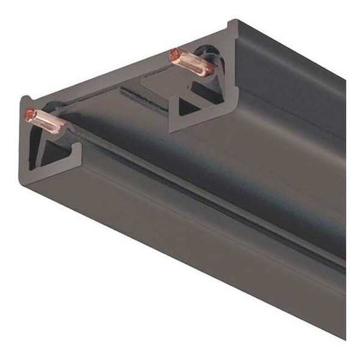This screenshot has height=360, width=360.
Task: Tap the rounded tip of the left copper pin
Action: point(28,114)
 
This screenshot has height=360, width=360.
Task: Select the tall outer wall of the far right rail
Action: point(293,79)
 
